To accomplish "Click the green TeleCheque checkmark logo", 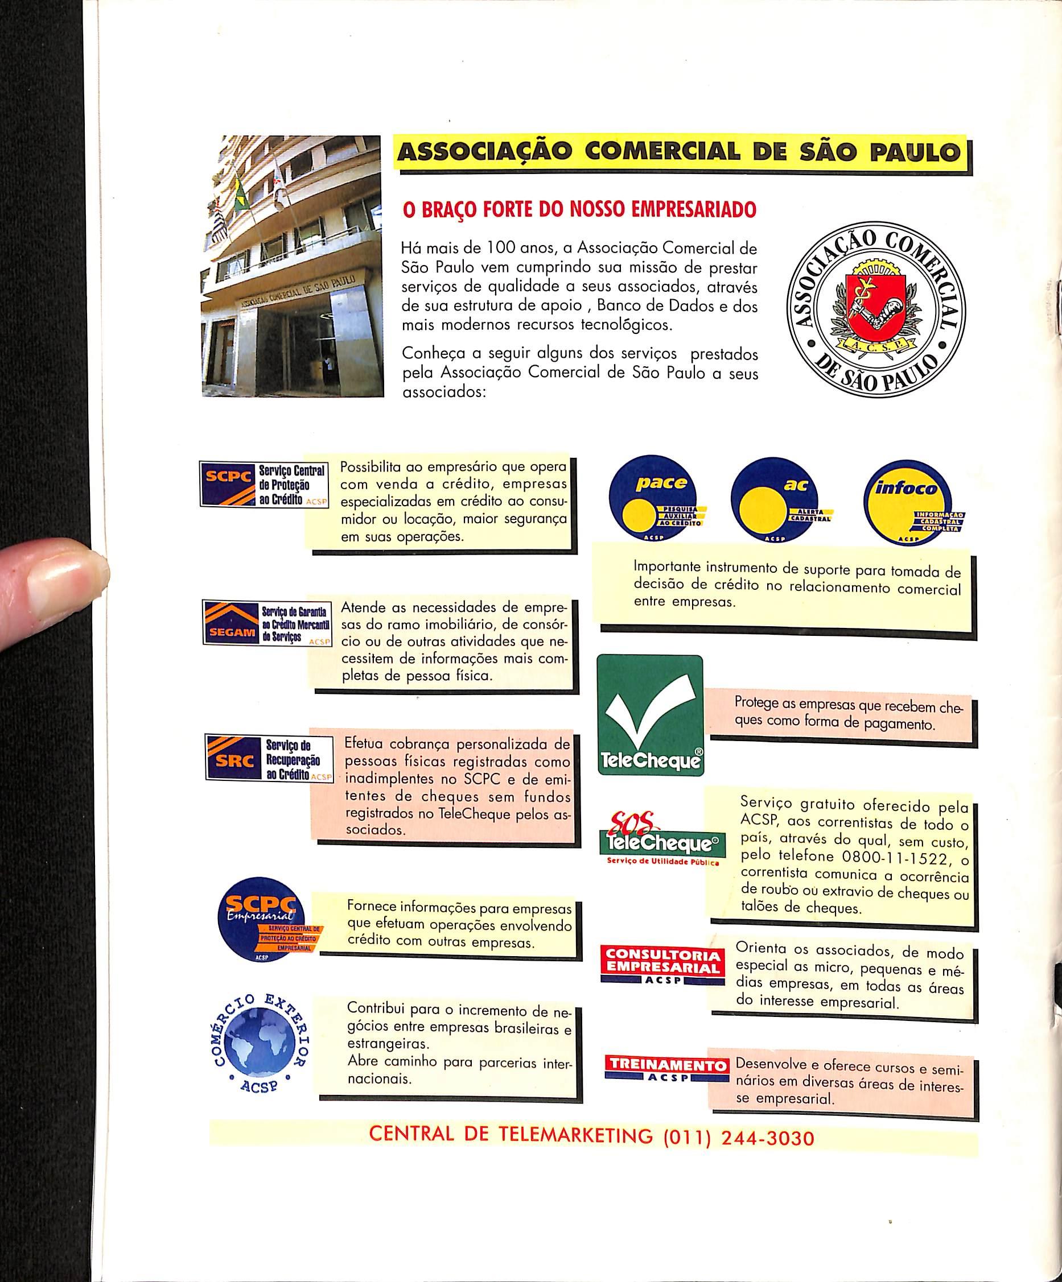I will click(x=649, y=715).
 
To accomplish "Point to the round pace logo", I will click(x=657, y=501).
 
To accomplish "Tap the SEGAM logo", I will click(x=266, y=623).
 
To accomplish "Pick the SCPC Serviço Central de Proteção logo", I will click(x=264, y=484).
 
